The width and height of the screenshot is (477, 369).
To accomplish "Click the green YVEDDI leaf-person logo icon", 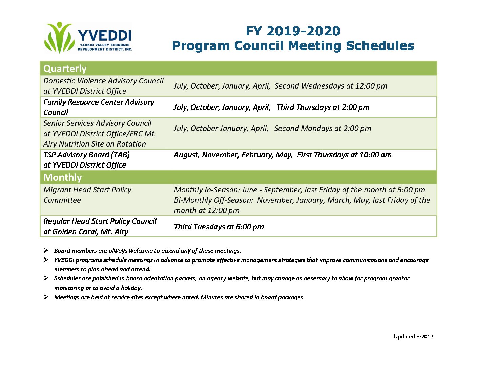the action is pos(59,37).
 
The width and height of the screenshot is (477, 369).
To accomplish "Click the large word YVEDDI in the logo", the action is pos(104,35).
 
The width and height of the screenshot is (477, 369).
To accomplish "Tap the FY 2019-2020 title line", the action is pos(293,31).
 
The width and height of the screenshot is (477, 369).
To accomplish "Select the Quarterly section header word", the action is pos(65,69).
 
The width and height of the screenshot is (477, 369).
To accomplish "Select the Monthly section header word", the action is pos(63,177).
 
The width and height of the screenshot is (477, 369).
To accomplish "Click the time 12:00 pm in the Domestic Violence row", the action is pos(371,86).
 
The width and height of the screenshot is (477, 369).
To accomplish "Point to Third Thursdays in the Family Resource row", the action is pos(304,107).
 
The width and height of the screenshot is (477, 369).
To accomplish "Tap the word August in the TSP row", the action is pos(187,155).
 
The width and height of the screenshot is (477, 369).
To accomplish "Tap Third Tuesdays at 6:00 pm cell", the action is pos(219,227).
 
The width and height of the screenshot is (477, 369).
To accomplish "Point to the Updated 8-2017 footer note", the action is pos(414,337).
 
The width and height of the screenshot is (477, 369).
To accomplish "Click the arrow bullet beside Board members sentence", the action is pos(46,250).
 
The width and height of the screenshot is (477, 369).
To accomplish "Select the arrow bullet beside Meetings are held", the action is pos(46,297).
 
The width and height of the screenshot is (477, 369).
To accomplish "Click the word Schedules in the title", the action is pos(380,46).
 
